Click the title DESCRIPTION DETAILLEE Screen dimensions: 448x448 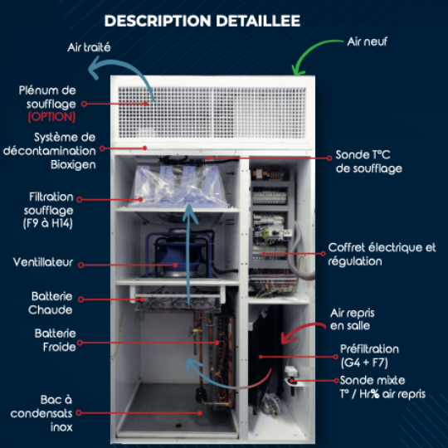point(202,21)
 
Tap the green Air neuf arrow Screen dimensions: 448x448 point(309,49)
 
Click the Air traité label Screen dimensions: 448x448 point(89,47)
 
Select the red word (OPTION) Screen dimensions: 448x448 point(51,117)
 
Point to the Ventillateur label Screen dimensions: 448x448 point(43,262)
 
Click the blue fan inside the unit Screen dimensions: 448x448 point(178,255)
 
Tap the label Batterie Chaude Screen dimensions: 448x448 point(51,303)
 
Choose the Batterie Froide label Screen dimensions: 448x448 point(56,340)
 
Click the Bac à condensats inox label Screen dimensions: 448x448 point(41,413)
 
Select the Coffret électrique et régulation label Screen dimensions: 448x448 point(382,255)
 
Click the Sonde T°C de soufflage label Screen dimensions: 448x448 point(369,162)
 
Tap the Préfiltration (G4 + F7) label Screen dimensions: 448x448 point(369,356)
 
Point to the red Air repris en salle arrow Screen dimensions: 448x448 point(300,329)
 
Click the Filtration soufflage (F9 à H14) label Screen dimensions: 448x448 point(49,210)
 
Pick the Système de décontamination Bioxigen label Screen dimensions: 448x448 point(50,151)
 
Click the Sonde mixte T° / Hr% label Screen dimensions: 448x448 point(382,387)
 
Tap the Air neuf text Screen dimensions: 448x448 point(368,41)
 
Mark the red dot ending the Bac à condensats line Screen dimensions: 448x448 point(200,413)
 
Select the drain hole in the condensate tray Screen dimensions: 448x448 point(178,426)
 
